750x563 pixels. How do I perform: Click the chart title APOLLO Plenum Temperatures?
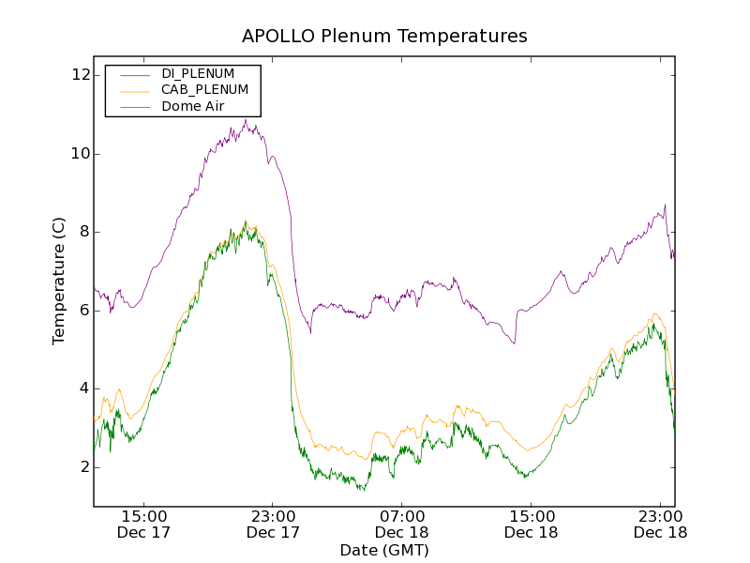click(384, 37)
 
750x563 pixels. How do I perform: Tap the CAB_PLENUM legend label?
click(204, 90)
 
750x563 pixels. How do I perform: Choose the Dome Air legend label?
click(192, 107)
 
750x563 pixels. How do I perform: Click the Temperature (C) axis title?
click(59, 281)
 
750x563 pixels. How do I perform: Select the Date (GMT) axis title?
click(384, 550)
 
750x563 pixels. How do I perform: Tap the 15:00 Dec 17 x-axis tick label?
click(144, 524)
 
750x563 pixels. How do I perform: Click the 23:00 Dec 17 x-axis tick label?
click(273, 524)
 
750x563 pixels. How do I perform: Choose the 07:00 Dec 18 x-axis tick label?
click(402, 524)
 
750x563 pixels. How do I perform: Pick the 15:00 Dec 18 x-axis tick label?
click(531, 524)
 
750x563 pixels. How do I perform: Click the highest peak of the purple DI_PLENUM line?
click(245, 119)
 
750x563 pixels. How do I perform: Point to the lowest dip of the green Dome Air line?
click(363, 491)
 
